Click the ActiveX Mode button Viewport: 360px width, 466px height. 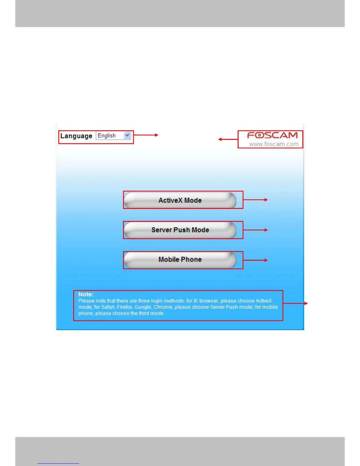tap(180, 200)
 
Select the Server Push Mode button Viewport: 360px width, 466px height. tap(180, 230)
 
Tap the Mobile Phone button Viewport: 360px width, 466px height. tap(180, 259)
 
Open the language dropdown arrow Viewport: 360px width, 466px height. tap(127, 135)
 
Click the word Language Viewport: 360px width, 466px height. tap(76, 136)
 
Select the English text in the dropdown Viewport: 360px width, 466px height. tap(107, 135)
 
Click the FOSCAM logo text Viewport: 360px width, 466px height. tap(272, 135)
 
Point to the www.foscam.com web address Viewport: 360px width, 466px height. tap(274, 144)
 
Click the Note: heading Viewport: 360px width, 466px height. tap(86, 294)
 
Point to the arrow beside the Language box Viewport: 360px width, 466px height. tap(146, 135)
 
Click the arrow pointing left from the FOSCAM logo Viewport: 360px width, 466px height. tap(228, 139)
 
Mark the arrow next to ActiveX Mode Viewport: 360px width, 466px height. tap(255, 200)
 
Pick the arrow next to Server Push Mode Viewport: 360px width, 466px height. tap(255, 230)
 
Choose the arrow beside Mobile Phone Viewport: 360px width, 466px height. tap(255, 260)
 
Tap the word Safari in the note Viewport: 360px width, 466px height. tap(108, 307)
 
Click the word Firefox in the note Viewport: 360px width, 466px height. tap(125, 307)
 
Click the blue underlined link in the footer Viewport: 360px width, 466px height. tap(58, 463)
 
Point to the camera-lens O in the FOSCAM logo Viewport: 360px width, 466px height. tap(260, 135)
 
